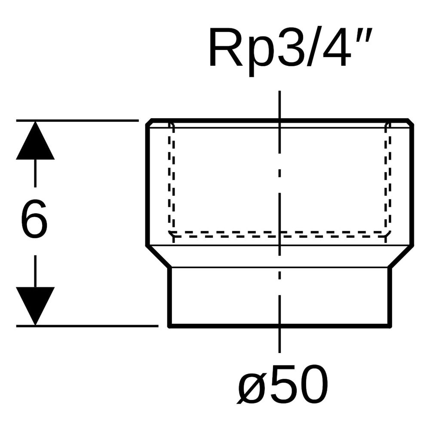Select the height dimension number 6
point(34,218)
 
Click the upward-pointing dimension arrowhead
point(35,140)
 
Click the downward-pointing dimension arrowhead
point(35,306)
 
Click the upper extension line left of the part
point(77,120)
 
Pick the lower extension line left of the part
point(87,326)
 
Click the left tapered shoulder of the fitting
point(158,256)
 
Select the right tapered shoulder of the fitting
point(401,256)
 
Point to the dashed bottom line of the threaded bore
point(279,233)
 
